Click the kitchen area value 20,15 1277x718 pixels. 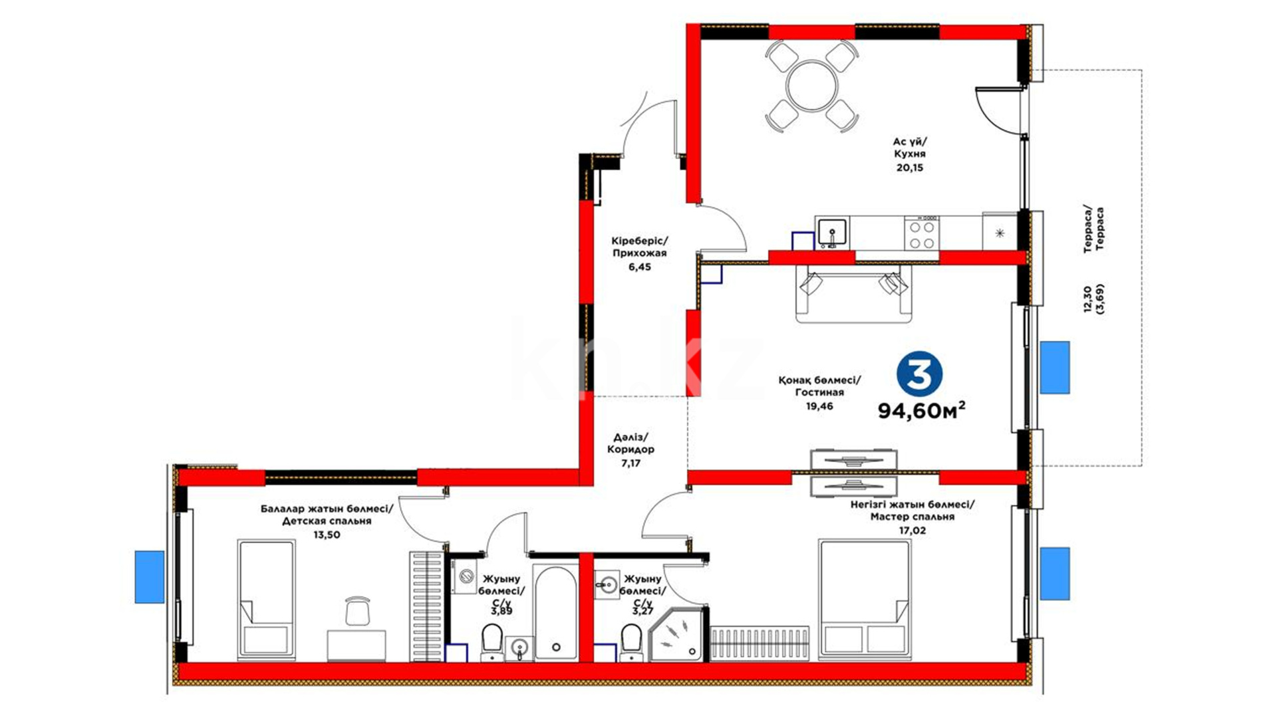[909, 168]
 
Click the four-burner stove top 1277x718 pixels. [922, 234]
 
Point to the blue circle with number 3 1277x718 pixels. [920, 376]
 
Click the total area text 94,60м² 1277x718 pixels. [922, 410]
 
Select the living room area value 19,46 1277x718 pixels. [819, 406]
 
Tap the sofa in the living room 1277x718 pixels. [855, 293]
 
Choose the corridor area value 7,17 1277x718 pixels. [631, 463]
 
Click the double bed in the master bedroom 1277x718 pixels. [864, 600]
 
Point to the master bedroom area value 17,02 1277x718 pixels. [912, 531]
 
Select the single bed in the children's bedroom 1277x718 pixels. [266, 600]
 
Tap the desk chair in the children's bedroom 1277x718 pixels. [358, 610]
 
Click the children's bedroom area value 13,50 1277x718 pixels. [327, 535]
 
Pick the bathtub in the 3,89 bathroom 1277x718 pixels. [556, 612]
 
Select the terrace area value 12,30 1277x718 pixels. [1087, 299]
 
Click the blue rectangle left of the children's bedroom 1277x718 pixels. [150, 576]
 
